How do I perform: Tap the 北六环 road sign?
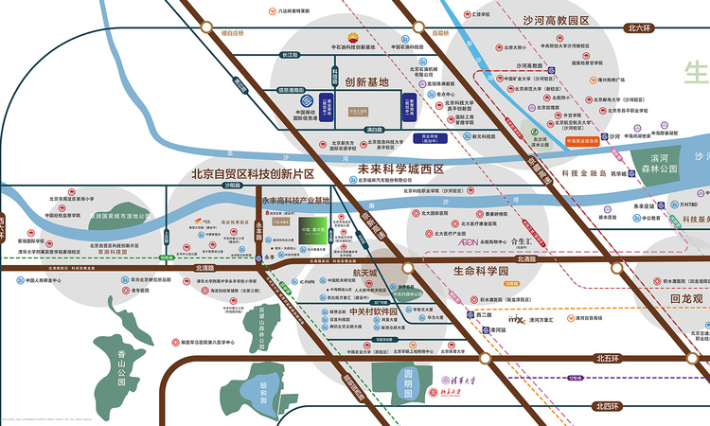pos(641,28)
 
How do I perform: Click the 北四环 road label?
pos(612,406)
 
